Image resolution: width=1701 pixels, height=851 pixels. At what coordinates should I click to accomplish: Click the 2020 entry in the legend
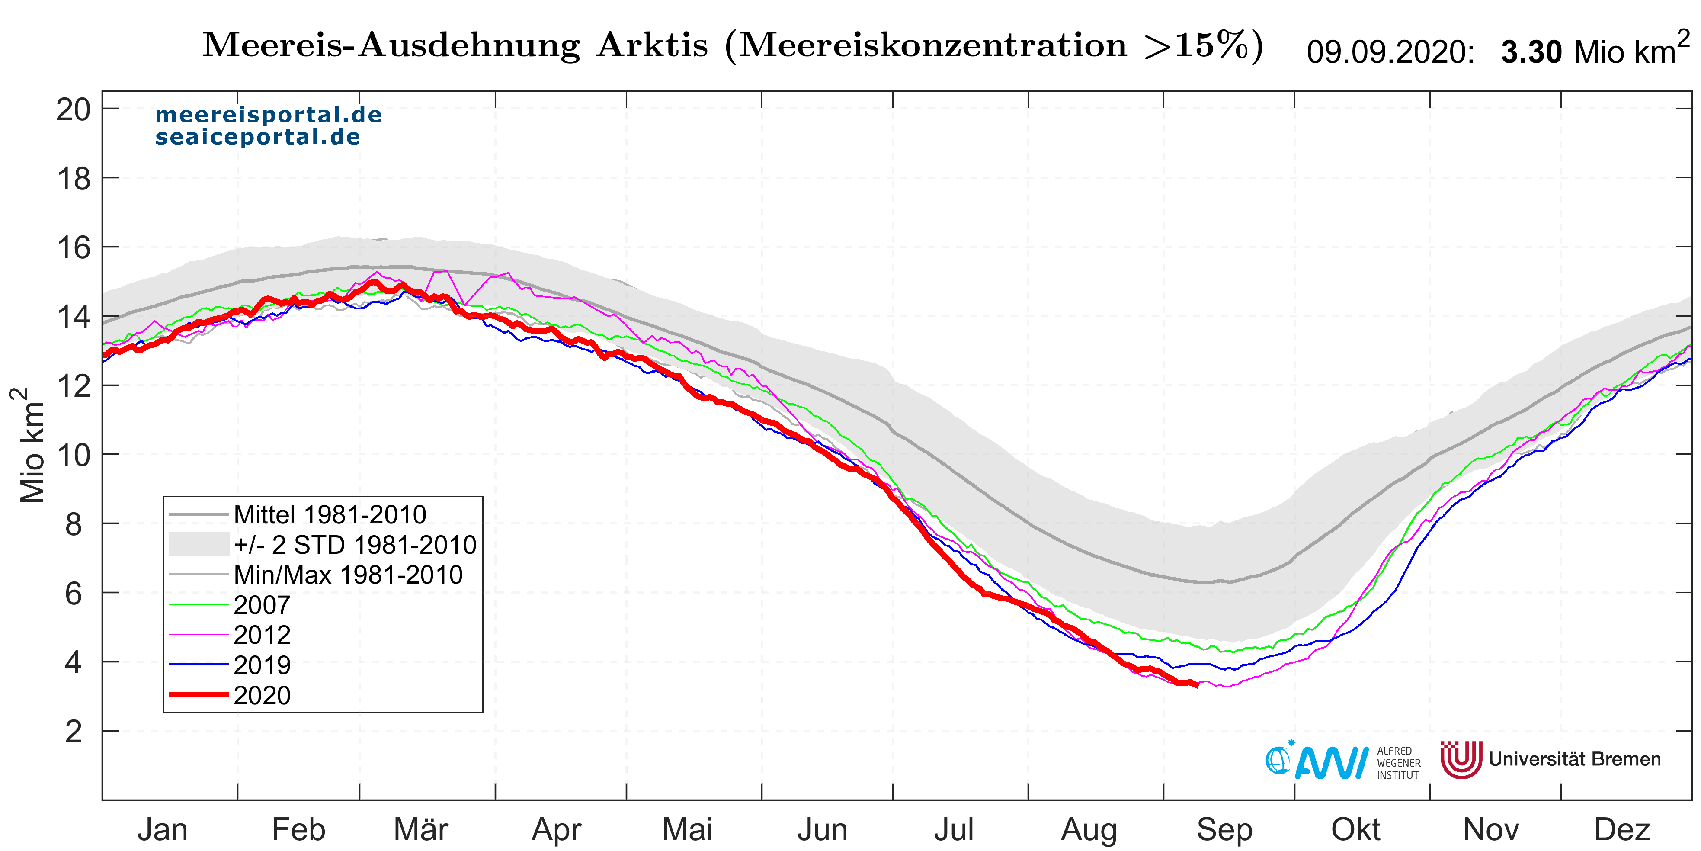(262, 695)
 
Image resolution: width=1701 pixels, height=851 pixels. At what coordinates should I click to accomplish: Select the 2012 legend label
(262, 635)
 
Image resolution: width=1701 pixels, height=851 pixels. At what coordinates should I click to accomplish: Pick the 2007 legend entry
(262, 604)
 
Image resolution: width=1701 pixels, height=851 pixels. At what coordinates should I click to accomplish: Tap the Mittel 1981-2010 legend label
(330, 514)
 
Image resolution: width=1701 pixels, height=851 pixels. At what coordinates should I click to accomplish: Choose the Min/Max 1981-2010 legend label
(348, 575)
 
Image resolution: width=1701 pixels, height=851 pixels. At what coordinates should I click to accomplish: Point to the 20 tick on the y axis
(73, 110)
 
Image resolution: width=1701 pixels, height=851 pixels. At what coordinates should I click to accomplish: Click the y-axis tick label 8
(73, 525)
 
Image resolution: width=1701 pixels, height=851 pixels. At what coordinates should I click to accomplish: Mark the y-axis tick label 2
(73, 732)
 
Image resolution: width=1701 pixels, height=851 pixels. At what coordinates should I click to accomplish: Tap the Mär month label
(421, 830)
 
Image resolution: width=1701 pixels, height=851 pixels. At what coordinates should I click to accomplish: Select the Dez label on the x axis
(1622, 830)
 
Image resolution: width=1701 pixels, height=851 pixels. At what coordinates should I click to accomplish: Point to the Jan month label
(163, 830)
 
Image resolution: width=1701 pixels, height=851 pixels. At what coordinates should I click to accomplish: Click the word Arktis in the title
(652, 45)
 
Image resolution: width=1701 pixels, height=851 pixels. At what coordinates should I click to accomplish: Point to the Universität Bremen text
(1574, 759)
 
